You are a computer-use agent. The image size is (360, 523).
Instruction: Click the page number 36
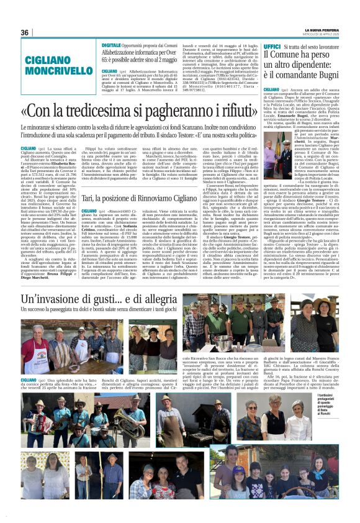25,32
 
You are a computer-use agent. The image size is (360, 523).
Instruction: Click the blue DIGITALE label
112,45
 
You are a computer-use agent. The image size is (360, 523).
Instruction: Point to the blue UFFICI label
272,46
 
